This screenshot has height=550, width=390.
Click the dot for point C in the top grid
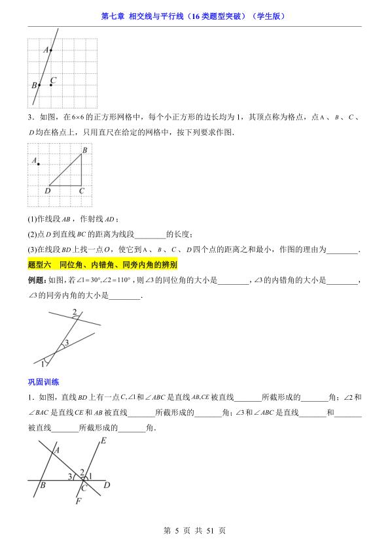tap(51, 84)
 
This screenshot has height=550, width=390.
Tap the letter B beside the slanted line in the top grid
tap(34, 85)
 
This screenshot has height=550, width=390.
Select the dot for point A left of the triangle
tap(39, 164)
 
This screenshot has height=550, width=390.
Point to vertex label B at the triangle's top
tap(84, 150)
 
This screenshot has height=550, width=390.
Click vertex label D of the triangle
tap(47, 191)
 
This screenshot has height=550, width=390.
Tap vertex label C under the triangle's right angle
tap(82, 191)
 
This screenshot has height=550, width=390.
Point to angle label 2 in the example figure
tap(75, 312)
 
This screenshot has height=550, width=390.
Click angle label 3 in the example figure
tap(65, 343)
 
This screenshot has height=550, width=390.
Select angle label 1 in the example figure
tap(44, 363)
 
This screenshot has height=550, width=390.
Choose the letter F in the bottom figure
tap(78, 502)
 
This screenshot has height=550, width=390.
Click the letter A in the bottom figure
tap(56, 450)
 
